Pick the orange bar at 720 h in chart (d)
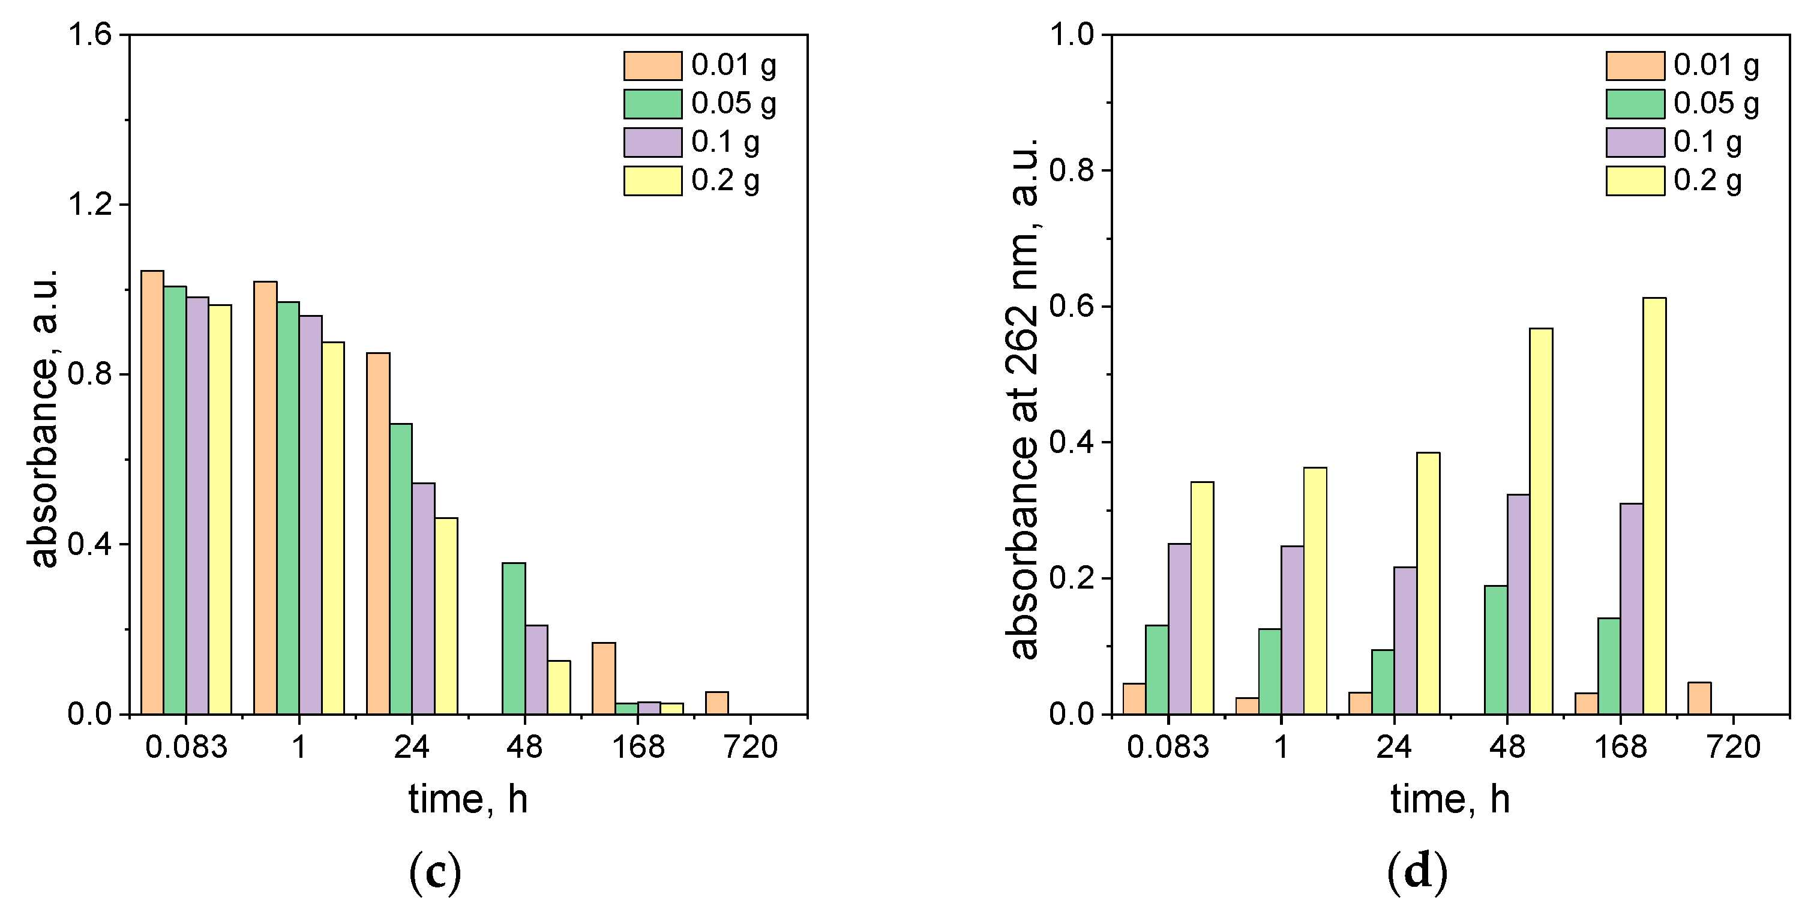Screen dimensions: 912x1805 pyautogui.click(x=1699, y=698)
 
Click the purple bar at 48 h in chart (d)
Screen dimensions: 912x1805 pyautogui.click(x=1518, y=604)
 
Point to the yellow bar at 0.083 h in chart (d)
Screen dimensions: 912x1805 pyautogui.click(x=1203, y=598)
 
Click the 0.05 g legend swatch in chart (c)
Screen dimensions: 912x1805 pyautogui.click(x=652, y=104)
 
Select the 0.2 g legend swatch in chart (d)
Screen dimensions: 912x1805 pyautogui.click(x=1635, y=181)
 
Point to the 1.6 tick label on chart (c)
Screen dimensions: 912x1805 pyautogui.click(x=89, y=34)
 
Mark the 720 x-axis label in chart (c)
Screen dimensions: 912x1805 pyautogui.click(x=751, y=748)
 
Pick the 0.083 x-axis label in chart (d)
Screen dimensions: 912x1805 pyautogui.click(x=1168, y=748)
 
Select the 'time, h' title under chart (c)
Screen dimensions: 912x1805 pyautogui.click(x=468, y=799)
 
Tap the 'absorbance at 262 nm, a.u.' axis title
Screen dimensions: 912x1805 pyautogui.click(x=1024, y=399)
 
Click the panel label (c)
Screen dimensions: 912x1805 pyautogui.click(x=435, y=871)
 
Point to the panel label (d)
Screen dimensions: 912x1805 pyautogui.click(x=1417, y=871)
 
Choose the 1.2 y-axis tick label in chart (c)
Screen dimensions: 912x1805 pyautogui.click(x=89, y=205)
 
